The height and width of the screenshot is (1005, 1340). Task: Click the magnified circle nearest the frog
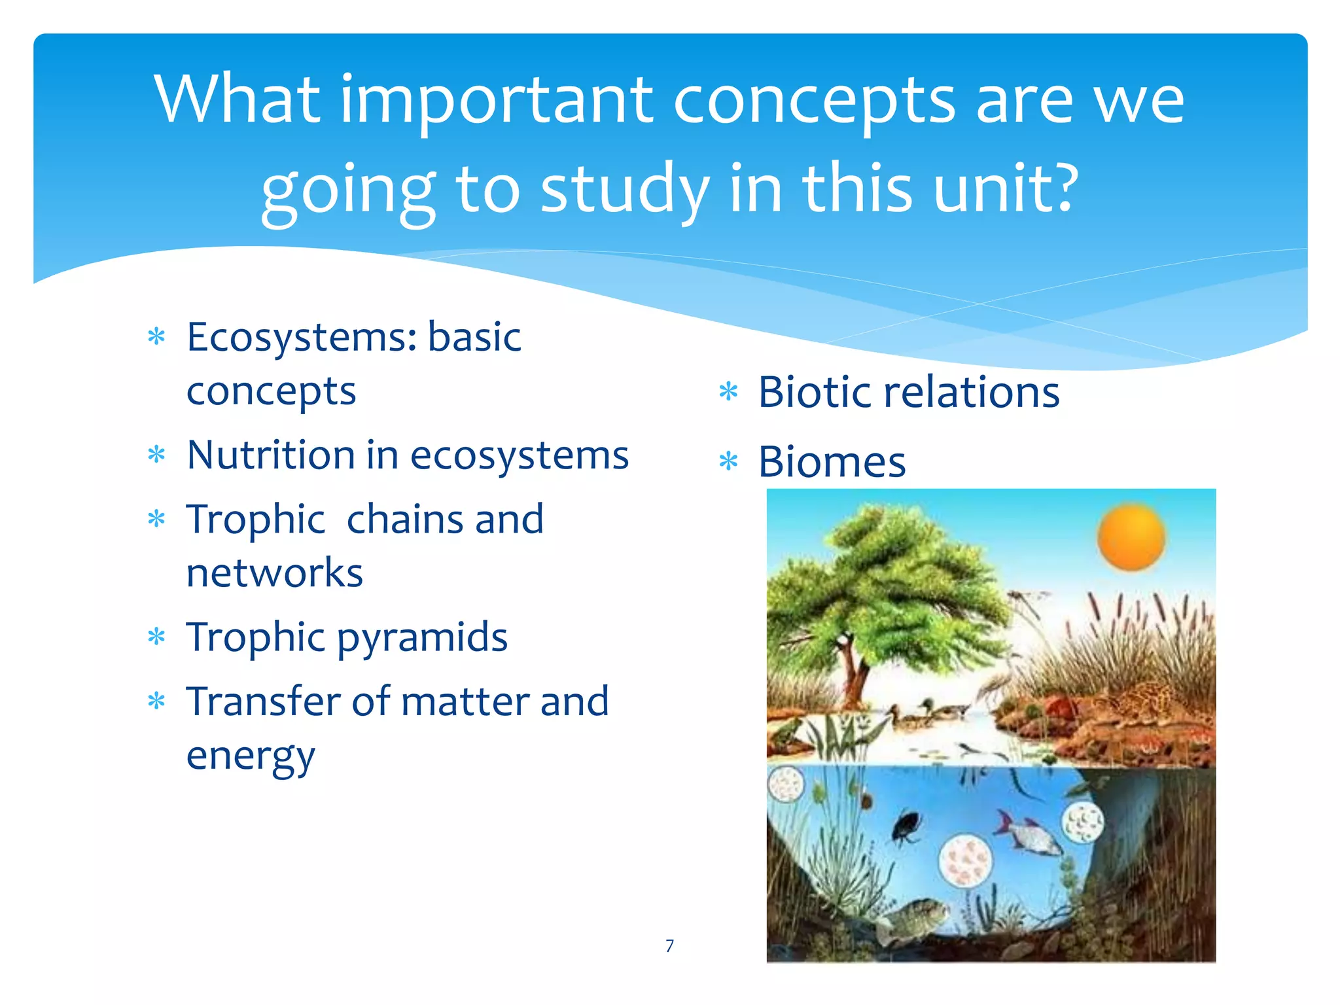pos(785,783)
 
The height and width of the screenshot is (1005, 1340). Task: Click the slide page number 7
pos(669,945)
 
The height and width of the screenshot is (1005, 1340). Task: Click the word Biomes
pos(832,462)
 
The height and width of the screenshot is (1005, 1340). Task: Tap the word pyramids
pos(422,637)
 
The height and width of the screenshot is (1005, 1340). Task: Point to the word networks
pos(274,573)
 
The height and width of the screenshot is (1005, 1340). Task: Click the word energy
pos(251,756)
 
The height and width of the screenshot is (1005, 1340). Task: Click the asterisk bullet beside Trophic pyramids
pos(156,637)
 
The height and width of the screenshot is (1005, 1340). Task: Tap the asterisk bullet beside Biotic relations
pos(728,392)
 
